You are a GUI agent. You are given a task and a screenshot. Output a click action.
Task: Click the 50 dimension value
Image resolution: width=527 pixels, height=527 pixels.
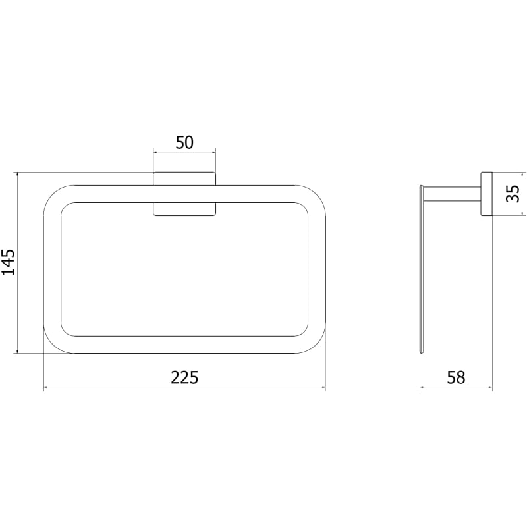pos(184,142)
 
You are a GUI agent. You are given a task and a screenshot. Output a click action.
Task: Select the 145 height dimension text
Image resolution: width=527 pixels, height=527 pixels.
pos(9,262)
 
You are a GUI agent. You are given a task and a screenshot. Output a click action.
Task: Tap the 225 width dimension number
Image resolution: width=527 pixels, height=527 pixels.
pos(184,377)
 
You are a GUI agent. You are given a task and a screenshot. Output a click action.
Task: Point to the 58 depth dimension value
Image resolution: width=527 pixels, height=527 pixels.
pos(456,377)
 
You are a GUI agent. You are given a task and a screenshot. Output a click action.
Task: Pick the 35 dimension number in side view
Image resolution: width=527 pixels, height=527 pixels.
pos(513,194)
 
